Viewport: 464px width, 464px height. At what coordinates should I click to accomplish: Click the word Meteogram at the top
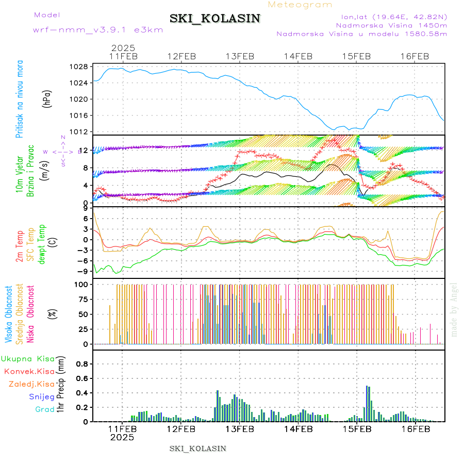(x=300, y=5)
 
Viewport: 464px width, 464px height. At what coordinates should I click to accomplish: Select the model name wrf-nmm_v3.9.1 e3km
(x=98, y=29)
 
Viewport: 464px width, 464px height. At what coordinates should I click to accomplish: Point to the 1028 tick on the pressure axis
(x=79, y=67)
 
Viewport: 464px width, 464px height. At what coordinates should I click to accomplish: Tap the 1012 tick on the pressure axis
(x=79, y=131)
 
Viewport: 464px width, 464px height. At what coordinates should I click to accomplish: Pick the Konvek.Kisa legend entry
(x=29, y=371)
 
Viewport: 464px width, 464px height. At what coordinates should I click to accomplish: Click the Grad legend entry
(x=45, y=409)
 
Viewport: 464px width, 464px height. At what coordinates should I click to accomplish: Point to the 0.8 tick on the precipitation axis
(x=81, y=363)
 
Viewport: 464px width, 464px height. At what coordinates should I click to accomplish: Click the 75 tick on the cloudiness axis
(x=82, y=299)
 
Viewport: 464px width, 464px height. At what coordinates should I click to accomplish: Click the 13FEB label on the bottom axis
(x=239, y=428)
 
